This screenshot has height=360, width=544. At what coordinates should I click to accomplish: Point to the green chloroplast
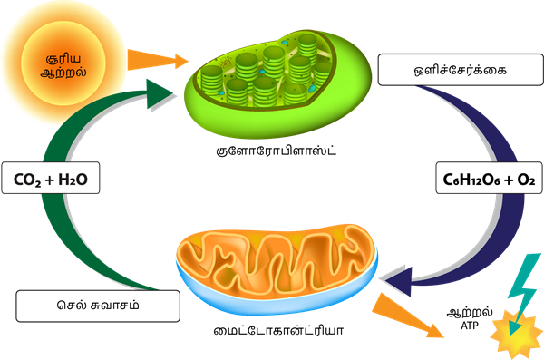click(x=267, y=77)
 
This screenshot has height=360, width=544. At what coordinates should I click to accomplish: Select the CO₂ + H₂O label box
click(x=50, y=179)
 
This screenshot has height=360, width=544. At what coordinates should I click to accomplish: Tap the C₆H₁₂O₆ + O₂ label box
click(x=487, y=179)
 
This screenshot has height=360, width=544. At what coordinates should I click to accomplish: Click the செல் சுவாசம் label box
click(x=83, y=305)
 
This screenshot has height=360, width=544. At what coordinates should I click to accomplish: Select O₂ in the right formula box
click(x=525, y=179)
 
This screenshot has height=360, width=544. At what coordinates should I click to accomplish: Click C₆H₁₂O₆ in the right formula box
click(x=470, y=179)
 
